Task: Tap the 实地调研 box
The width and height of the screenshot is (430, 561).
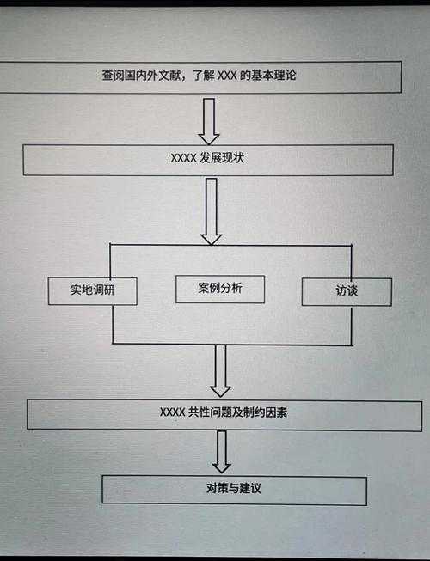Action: [x=92, y=290]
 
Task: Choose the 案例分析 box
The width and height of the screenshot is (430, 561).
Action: [x=219, y=289]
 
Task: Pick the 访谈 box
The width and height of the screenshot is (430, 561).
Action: [x=347, y=291]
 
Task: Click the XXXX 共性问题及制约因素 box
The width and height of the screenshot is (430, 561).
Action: [x=224, y=413]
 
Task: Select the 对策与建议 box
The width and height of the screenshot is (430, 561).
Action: [x=234, y=490]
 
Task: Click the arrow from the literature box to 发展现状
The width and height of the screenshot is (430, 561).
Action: [x=209, y=119]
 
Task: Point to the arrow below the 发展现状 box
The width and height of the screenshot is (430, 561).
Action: [x=211, y=210]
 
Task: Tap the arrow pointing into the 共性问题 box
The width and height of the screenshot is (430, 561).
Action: [x=220, y=370]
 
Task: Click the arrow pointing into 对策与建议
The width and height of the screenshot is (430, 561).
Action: [x=222, y=451]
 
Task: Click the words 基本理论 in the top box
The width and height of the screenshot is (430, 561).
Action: [x=278, y=76]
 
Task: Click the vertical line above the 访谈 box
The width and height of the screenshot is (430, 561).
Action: [x=351, y=261]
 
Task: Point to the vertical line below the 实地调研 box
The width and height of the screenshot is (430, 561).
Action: [x=113, y=324]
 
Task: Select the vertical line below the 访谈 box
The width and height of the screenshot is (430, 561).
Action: [x=352, y=325]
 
